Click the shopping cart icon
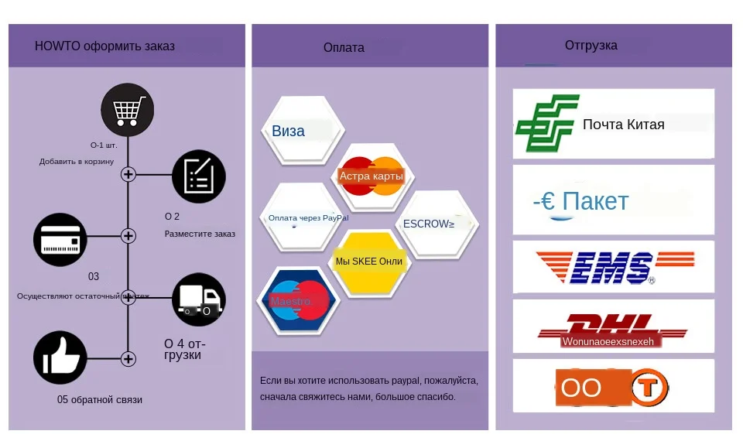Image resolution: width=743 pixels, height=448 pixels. [x=128, y=110]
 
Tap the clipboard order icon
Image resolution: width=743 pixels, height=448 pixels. [x=199, y=176]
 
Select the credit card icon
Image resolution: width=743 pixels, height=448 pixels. [x=60, y=240]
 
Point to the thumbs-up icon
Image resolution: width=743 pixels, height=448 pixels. [x=60, y=357]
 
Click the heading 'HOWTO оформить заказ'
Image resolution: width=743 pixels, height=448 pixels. [x=104, y=46]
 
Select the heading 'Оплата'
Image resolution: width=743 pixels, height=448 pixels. [x=344, y=48]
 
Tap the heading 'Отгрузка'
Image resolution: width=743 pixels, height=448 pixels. [x=591, y=46]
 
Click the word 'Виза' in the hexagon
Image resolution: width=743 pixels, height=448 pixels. [x=288, y=132]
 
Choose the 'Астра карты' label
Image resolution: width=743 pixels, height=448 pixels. [x=371, y=176]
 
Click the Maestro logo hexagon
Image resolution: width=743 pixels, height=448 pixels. [x=298, y=301]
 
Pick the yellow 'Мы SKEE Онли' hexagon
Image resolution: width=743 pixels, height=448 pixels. [x=369, y=262]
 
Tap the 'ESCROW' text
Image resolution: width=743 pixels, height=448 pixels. [x=428, y=224]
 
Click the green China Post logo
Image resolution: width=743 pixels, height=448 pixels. [x=547, y=123]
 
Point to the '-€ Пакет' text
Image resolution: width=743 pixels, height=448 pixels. [x=580, y=201]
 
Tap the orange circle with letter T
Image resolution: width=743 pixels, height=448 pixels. [x=649, y=386]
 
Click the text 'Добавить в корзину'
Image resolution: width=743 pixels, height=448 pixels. [x=77, y=162]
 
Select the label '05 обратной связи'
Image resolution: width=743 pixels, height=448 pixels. [x=100, y=400]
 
